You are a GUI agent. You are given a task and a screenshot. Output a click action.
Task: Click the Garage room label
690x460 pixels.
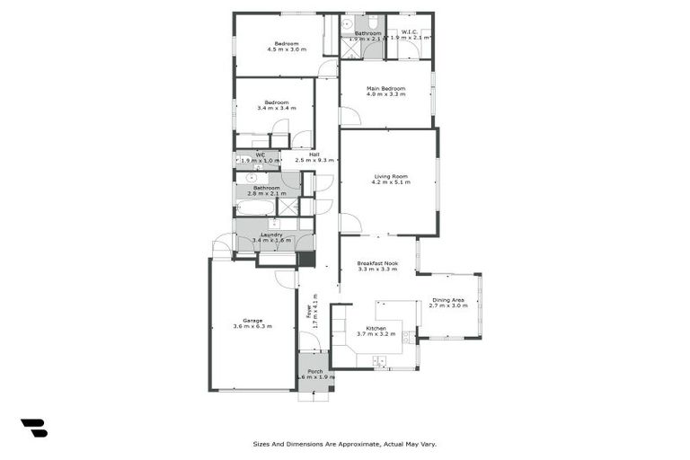tap(252, 319)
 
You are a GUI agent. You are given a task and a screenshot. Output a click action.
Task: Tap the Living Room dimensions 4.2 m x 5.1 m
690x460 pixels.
tap(391, 182)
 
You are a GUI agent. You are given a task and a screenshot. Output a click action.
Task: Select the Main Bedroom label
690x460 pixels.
tap(385, 88)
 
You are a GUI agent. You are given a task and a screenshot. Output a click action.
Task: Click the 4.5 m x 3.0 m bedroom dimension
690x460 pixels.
tap(287, 49)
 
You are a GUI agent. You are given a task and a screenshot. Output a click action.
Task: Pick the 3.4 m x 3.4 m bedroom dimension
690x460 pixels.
tap(275, 108)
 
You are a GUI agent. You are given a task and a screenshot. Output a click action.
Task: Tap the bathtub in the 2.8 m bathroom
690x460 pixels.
tap(255, 208)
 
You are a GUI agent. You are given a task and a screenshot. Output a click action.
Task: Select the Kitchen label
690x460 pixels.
tap(376, 328)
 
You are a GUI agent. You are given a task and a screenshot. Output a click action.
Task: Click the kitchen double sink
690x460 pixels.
tap(408, 337)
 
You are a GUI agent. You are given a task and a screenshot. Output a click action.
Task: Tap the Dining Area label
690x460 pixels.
tap(448, 300)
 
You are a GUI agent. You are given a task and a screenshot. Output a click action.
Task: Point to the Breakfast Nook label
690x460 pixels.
tap(377, 263)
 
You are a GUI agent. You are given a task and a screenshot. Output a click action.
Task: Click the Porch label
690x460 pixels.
tap(315, 371)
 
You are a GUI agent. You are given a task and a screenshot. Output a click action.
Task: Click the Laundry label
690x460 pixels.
tap(271, 234)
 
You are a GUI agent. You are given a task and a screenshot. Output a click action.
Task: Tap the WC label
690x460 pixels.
tap(261, 155)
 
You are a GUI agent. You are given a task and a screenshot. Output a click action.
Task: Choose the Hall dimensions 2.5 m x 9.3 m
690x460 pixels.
tap(314, 160)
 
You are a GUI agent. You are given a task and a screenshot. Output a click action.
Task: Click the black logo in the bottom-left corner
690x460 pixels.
tap(34, 428)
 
